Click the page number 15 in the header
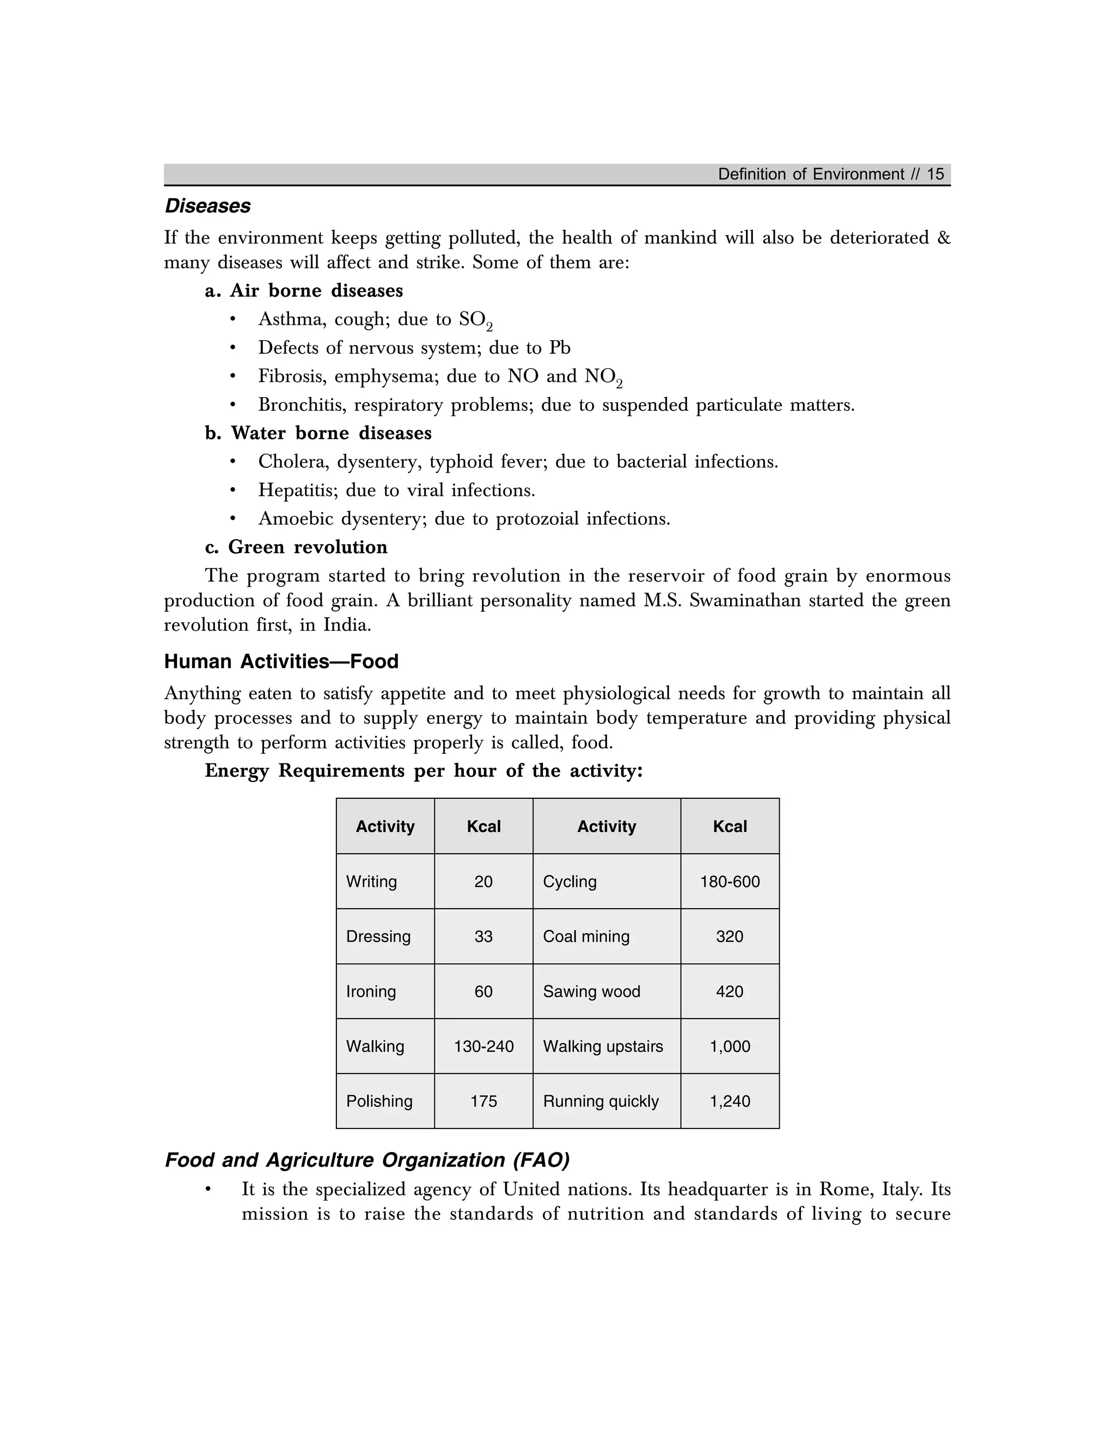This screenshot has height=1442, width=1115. (935, 174)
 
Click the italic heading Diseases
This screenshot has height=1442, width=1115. (207, 206)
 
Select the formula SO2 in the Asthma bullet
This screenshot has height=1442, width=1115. (476, 320)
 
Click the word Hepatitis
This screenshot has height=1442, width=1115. (298, 490)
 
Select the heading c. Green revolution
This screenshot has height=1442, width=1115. (296, 547)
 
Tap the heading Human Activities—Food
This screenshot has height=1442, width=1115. (281, 662)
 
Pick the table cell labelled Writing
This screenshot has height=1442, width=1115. (371, 882)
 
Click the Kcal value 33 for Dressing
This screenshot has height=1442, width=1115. (483, 936)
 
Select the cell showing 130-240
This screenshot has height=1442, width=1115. (483, 1046)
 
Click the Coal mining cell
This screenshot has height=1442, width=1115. (586, 936)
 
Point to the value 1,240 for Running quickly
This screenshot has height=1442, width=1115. (730, 1101)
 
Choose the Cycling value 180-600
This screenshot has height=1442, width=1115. (730, 882)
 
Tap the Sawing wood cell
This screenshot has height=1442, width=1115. (591, 991)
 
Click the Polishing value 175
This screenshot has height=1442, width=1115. (483, 1101)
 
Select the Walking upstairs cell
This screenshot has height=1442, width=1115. (603, 1046)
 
